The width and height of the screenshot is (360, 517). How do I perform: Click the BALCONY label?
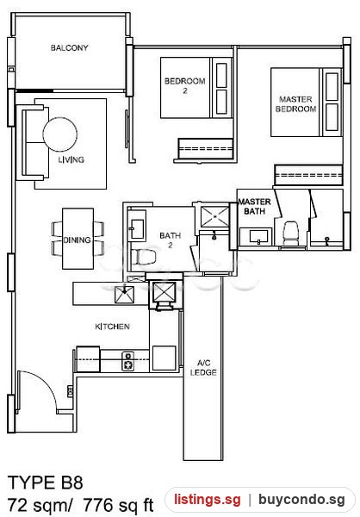click(x=69, y=47)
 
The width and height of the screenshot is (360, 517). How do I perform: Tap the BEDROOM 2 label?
click(x=184, y=85)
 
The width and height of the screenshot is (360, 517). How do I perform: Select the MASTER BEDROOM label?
click(x=295, y=104)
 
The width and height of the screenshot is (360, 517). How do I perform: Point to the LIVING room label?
click(x=71, y=160)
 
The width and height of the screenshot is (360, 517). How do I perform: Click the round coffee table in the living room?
click(x=60, y=134)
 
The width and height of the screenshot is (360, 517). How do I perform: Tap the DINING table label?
click(x=78, y=240)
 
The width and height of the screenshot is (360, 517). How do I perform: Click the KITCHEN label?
click(x=113, y=327)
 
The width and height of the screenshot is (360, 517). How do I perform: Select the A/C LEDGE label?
click(x=203, y=368)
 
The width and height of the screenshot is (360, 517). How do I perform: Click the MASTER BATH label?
click(x=255, y=207)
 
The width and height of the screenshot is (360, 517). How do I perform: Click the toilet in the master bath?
click(x=291, y=234)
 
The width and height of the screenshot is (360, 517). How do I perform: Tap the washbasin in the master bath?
click(x=258, y=236)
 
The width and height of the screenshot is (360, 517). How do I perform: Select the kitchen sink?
click(x=124, y=295)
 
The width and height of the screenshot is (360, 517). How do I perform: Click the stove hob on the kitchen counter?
click(x=128, y=361)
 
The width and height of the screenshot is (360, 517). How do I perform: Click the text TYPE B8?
click(x=45, y=483)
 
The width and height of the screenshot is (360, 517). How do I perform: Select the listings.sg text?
click(x=208, y=500)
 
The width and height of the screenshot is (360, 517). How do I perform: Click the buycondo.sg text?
click(x=301, y=500)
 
